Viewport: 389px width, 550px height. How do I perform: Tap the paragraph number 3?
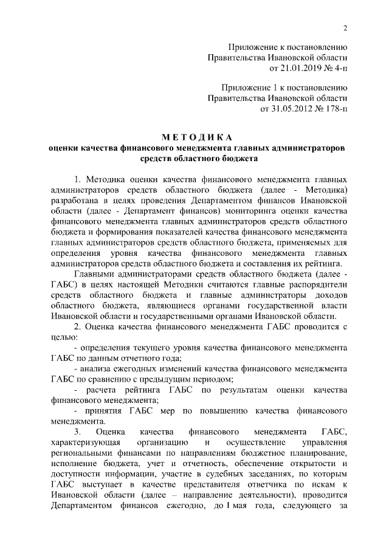click(77, 431)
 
